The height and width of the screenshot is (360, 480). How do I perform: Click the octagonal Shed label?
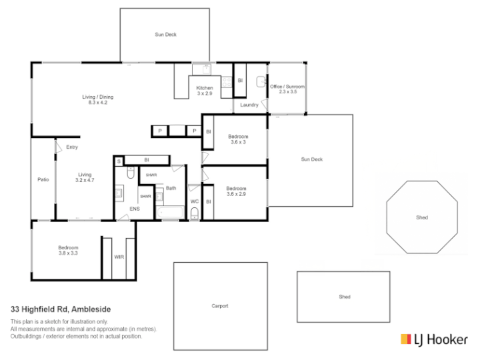(x=422, y=217)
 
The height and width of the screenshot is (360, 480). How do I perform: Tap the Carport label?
(x=220, y=306)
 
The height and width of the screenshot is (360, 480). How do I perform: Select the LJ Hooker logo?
(x=434, y=339)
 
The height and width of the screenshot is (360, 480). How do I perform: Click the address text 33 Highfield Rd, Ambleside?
(x=61, y=309)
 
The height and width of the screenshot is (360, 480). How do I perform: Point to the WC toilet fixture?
(x=195, y=213)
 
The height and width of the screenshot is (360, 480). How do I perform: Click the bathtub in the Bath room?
(x=170, y=212)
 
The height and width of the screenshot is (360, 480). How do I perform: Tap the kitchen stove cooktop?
(x=227, y=82)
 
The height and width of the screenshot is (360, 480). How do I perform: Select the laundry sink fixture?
(x=261, y=82)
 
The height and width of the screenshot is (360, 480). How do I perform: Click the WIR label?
(x=119, y=257)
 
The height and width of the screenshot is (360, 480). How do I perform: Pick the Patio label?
(x=43, y=179)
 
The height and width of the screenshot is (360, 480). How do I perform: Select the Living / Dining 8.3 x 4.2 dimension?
(x=98, y=103)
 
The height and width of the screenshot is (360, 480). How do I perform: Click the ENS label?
(x=135, y=209)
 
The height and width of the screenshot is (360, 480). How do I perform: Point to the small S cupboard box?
(x=119, y=161)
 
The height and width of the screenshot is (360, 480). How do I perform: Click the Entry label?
(x=72, y=147)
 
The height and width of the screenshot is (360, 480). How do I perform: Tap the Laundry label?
(x=249, y=105)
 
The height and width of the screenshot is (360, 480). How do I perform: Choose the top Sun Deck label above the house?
(x=165, y=35)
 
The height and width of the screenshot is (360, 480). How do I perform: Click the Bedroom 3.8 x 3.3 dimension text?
(x=68, y=253)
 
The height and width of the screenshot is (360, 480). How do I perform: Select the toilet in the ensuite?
(x=131, y=173)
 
